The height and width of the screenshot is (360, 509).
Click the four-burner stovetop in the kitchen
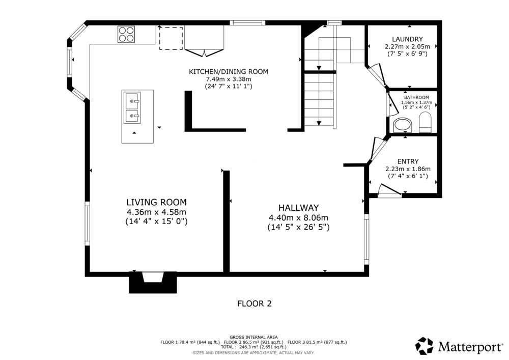point(126,34)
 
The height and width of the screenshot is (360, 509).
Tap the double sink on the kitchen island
point(132,107)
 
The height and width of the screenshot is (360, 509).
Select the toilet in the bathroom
point(425,122)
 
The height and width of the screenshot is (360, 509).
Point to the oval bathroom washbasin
point(403,125)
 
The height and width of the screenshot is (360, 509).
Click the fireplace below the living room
point(153,283)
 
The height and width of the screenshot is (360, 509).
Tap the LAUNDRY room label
point(407,39)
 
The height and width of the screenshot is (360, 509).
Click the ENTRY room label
point(408,161)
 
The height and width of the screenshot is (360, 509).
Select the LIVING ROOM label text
point(156,202)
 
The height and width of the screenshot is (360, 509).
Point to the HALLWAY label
point(299,208)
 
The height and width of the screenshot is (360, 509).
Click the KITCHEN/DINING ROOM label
point(229,72)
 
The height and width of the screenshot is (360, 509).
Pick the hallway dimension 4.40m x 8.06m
point(299,218)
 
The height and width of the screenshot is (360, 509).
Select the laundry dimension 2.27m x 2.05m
point(407,47)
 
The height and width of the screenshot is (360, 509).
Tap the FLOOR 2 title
point(254,304)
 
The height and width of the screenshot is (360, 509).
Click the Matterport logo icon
point(425,346)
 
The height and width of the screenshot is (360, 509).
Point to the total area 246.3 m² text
point(253,347)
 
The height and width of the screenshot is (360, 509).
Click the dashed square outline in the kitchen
point(171,38)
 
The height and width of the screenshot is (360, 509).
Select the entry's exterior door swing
point(390,190)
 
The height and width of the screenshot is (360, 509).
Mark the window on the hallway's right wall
point(366,239)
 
